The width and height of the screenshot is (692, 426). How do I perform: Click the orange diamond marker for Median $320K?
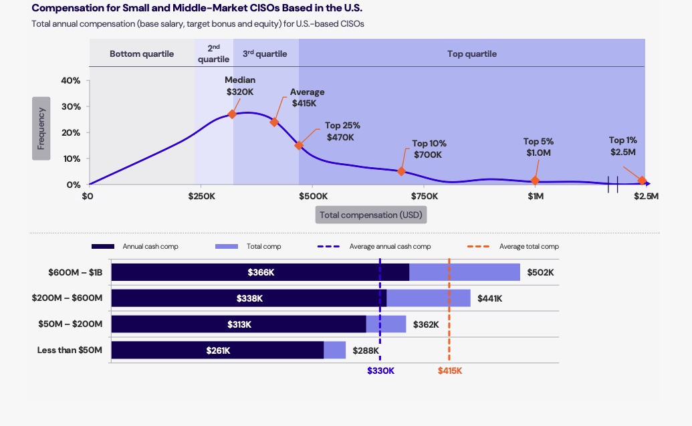[232, 114]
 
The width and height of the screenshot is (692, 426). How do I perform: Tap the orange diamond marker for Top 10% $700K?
[401, 171]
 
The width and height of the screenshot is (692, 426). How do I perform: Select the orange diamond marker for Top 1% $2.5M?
[642, 181]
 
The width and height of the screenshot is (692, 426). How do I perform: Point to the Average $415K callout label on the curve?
[307, 98]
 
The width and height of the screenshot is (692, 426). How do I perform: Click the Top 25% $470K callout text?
[342, 131]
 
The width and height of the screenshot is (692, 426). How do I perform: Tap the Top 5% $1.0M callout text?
[538, 147]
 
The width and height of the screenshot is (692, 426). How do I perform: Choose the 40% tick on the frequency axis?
[71, 81]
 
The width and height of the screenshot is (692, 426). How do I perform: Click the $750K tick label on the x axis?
[425, 197]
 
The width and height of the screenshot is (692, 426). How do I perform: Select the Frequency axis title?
[41, 128]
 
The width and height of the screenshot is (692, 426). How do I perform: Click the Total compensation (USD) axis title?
[371, 215]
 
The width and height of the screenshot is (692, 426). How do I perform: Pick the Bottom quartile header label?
[142, 54]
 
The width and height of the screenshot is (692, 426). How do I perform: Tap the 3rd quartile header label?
[265, 54]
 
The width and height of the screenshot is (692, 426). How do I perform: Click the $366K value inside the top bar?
[261, 272]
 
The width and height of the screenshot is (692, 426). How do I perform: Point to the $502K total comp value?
[540, 272]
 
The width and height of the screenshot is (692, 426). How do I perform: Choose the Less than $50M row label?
[70, 350]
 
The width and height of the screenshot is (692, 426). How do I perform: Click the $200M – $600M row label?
[67, 298]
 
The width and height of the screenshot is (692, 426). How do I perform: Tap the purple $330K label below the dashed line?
[380, 370]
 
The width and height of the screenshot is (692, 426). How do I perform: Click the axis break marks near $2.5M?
[612, 184]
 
